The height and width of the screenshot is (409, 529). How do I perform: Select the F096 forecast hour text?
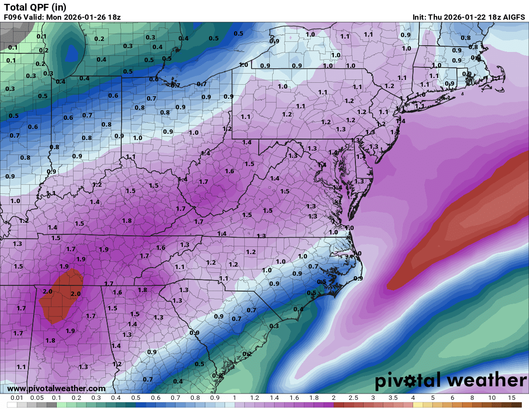pos(13,17)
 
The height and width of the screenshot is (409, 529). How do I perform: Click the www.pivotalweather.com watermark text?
pos(56,388)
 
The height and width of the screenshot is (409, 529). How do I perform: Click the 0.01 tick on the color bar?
pos(17,398)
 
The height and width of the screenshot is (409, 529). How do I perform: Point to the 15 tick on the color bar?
pos(512,398)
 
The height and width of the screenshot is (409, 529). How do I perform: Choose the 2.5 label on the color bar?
pos(353,398)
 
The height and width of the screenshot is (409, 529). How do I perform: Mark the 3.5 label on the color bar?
pos(392,398)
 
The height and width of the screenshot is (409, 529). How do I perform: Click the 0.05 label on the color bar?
pos(37,398)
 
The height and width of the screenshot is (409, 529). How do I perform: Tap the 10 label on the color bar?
pos(492,398)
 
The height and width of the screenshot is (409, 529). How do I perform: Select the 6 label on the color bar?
pos(452,398)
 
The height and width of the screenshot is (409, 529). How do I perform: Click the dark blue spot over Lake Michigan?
pos(72,51)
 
